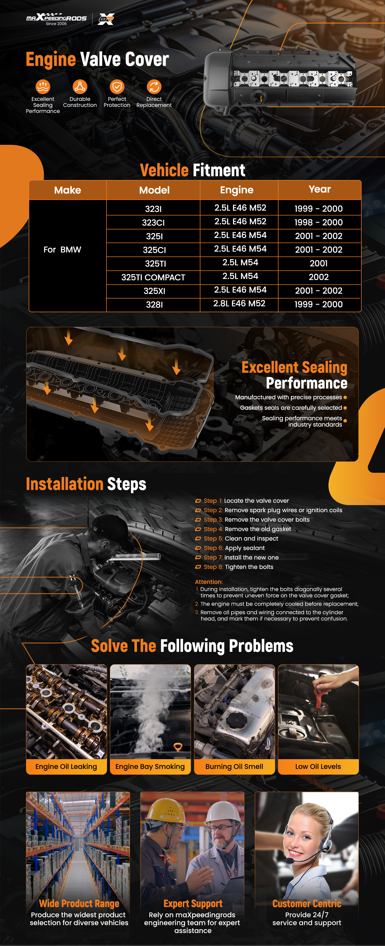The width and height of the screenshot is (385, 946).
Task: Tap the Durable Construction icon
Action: point(80,87)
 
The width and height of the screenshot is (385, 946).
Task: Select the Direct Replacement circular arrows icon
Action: point(154,87)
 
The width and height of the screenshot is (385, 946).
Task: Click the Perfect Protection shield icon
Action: point(117,87)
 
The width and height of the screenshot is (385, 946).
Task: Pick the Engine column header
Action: point(237,190)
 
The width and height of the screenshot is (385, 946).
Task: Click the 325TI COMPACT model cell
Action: point(153,277)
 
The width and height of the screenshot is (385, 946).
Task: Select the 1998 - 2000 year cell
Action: point(318,222)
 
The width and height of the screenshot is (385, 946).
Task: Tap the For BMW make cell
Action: point(62,250)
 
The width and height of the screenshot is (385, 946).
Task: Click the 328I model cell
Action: point(154,305)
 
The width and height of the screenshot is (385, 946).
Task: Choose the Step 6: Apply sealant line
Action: point(234,548)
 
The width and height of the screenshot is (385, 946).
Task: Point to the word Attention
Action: point(209,582)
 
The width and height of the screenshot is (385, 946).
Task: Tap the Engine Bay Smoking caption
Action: point(150,767)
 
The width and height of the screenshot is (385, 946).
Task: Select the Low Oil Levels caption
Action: point(318,767)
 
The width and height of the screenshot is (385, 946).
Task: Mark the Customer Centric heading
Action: point(307,903)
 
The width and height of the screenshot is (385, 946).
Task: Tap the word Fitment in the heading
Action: point(219,170)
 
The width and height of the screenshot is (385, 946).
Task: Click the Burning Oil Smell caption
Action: point(234,767)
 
